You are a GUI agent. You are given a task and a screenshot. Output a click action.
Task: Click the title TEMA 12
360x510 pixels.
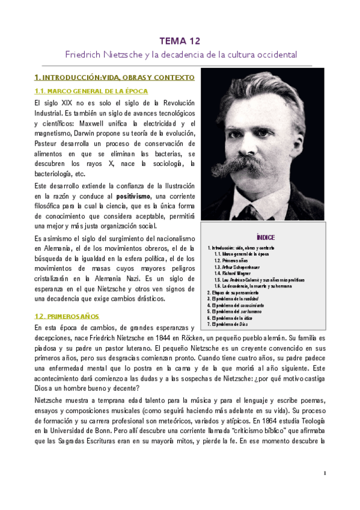tap(180, 41)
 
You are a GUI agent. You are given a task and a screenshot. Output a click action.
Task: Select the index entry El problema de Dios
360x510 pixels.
tap(228, 324)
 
